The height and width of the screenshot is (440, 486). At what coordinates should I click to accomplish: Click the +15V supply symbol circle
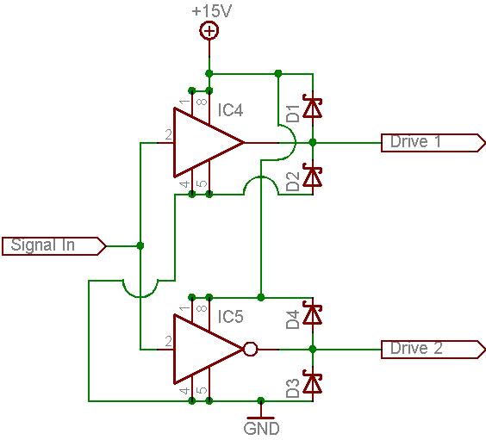click(x=209, y=30)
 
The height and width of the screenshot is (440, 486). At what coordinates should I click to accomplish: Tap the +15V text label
click(x=212, y=11)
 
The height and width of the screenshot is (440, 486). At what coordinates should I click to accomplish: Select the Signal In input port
click(x=54, y=246)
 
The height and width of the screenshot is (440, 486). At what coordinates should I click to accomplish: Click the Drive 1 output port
click(x=433, y=143)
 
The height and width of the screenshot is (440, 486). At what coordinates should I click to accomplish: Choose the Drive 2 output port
click(x=433, y=350)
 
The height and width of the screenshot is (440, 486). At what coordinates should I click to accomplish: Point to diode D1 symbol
click(x=313, y=108)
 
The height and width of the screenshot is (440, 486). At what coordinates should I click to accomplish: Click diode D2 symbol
click(x=313, y=177)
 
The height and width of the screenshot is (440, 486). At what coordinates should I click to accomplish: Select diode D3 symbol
click(x=313, y=383)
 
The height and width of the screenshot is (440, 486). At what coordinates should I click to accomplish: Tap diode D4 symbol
click(x=313, y=314)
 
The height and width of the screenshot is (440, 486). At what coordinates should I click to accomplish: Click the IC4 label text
click(x=230, y=110)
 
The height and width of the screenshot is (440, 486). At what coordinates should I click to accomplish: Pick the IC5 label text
click(x=230, y=317)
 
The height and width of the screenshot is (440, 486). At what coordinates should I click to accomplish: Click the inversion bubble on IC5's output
click(x=251, y=350)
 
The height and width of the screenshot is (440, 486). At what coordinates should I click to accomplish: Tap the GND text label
click(x=261, y=429)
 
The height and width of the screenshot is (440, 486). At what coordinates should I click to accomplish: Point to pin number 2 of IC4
click(x=168, y=135)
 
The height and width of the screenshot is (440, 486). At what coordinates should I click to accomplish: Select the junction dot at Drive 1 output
click(x=313, y=143)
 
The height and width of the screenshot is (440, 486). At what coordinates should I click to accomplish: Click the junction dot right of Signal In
click(x=140, y=246)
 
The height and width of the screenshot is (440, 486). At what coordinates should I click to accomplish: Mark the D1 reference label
click(x=293, y=114)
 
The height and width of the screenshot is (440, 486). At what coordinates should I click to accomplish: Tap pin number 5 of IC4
click(x=202, y=183)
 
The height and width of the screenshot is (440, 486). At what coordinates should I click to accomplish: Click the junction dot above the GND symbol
click(x=261, y=400)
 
